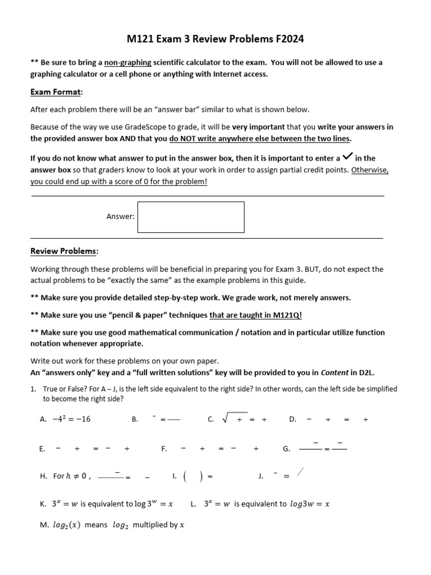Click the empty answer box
pyautogui.click(x=191, y=217)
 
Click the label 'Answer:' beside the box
pyautogui.click(x=120, y=217)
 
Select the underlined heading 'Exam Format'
pyautogui.click(x=56, y=92)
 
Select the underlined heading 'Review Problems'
pyautogui.click(x=65, y=251)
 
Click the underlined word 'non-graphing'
pyautogui.click(x=128, y=63)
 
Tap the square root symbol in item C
pyautogui.click(x=226, y=418)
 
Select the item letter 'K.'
pyautogui.click(x=43, y=504)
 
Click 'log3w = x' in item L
pyautogui.click(x=309, y=504)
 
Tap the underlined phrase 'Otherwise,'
pyautogui.click(x=370, y=170)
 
